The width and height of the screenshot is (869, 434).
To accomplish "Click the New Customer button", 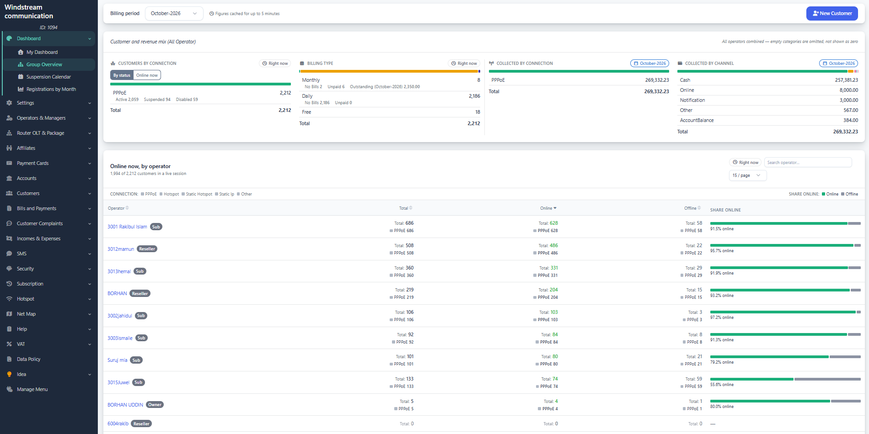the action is coord(832,14).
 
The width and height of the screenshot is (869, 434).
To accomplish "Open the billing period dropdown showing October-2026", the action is coord(174,14).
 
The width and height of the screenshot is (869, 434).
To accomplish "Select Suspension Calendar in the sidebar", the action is coord(48,77).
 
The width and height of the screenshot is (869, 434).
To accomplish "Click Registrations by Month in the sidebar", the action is coord(51,89).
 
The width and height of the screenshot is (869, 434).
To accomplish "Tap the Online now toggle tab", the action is coord(147,75).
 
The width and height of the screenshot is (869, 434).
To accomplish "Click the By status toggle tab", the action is coord(122,75).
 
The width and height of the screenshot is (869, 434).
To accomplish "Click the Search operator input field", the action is coord(808,163).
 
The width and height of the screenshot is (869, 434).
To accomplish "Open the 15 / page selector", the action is coord(747,175).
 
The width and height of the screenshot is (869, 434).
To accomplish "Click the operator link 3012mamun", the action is coord(121,249).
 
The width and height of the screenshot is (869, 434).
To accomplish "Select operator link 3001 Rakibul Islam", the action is coord(127,227).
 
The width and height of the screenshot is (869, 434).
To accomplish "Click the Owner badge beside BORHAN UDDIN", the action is coord(155,405).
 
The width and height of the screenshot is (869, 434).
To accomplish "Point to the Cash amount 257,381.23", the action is coord(846,80).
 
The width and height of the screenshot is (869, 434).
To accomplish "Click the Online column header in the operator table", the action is coord(548,208).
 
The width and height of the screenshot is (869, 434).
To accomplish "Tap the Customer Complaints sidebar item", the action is coord(40,223).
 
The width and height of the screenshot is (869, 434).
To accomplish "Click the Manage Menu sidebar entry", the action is coord(32,389).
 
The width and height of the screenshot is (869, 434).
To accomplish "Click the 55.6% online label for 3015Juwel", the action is coord(722,385).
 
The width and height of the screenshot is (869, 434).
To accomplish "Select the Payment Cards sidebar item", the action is coord(32,163).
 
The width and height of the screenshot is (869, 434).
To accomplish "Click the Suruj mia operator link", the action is coord(118,360).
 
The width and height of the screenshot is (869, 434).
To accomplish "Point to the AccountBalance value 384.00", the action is coord(850,120).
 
